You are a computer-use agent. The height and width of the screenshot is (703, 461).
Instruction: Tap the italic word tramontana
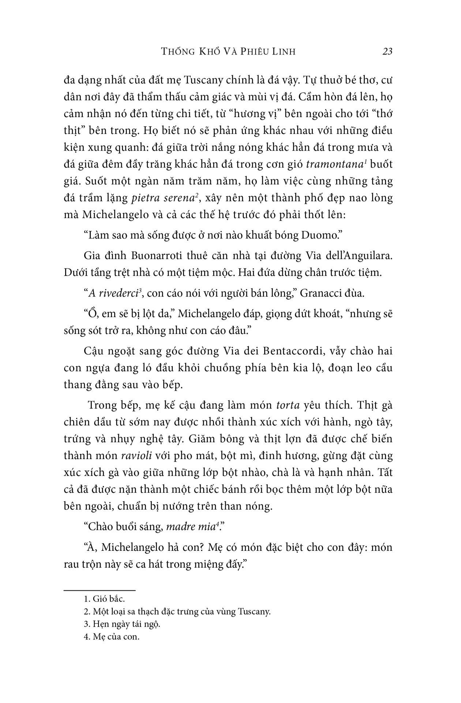tap(334, 164)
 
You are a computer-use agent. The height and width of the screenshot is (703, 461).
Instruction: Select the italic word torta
tap(288, 405)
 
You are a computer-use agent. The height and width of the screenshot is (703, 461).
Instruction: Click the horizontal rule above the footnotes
tap(100, 590)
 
